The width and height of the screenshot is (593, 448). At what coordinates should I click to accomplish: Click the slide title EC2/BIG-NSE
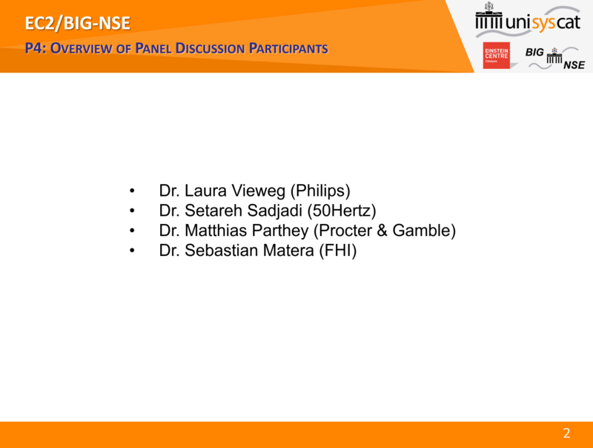pyautogui.click(x=78, y=23)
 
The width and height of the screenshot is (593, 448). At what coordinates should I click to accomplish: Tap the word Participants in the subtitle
pyautogui.click(x=288, y=48)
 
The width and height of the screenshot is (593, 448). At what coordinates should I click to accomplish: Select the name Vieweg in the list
pyautogui.click(x=259, y=191)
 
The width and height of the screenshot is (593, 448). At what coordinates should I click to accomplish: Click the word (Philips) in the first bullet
pyautogui.click(x=320, y=191)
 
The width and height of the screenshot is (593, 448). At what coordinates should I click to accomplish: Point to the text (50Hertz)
pyautogui.click(x=342, y=211)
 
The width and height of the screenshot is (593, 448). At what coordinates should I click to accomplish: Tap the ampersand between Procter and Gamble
pyautogui.click(x=382, y=231)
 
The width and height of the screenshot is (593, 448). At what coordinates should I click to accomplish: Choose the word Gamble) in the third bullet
pyautogui.click(x=424, y=231)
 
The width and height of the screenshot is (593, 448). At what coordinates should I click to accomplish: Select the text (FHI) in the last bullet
pyautogui.click(x=338, y=251)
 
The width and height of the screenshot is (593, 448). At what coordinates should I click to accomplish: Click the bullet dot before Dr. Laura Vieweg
pyautogui.click(x=132, y=191)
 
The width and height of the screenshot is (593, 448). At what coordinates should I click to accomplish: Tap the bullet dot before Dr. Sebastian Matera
pyautogui.click(x=132, y=251)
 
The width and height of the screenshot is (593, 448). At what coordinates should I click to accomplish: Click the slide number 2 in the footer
pyautogui.click(x=566, y=433)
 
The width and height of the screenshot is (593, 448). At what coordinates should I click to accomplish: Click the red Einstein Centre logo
pyautogui.click(x=496, y=55)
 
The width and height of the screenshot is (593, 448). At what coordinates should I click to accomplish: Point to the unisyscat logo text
pyautogui.click(x=543, y=22)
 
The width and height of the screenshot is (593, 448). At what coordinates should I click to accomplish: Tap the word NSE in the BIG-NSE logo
pyautogui.click(x=574, y=65)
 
